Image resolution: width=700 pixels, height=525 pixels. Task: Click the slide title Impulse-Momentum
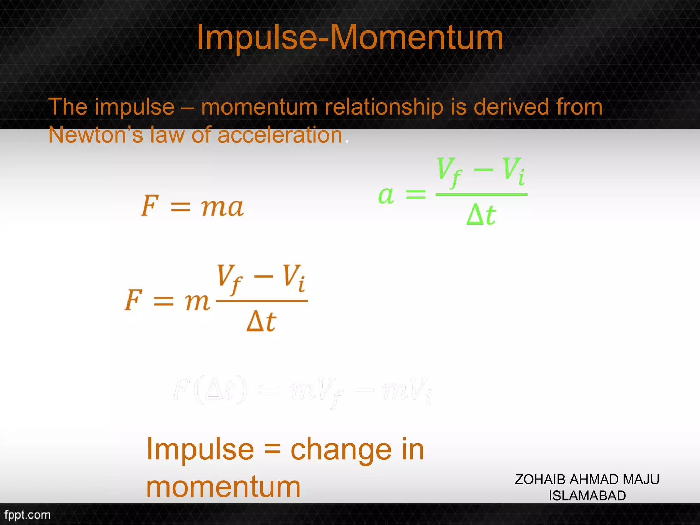[350, 38]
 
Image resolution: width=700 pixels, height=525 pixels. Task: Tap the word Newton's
[95, 135]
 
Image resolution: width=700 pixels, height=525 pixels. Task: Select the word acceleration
[280, 135]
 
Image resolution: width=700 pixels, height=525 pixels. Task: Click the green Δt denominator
[481, 215]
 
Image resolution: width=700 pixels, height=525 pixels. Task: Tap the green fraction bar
[481, 194]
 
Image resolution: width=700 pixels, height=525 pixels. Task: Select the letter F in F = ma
[150, 206]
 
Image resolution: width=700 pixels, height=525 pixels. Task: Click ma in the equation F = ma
[222, 207]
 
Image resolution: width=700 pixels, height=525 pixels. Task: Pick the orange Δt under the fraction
[261, 321]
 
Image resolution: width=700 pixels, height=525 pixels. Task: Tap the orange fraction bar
[262, 301]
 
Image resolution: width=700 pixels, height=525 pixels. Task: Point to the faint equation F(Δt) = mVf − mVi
[302, 391]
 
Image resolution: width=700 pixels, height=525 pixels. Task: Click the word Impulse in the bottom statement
[200, 449]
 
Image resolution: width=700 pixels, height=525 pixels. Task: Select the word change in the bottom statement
[341, 450]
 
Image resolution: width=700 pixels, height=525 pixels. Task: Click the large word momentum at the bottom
[224, 487]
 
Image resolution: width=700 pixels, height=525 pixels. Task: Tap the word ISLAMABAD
[587, 496]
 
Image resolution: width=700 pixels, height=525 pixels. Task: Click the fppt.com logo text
[27, 515]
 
